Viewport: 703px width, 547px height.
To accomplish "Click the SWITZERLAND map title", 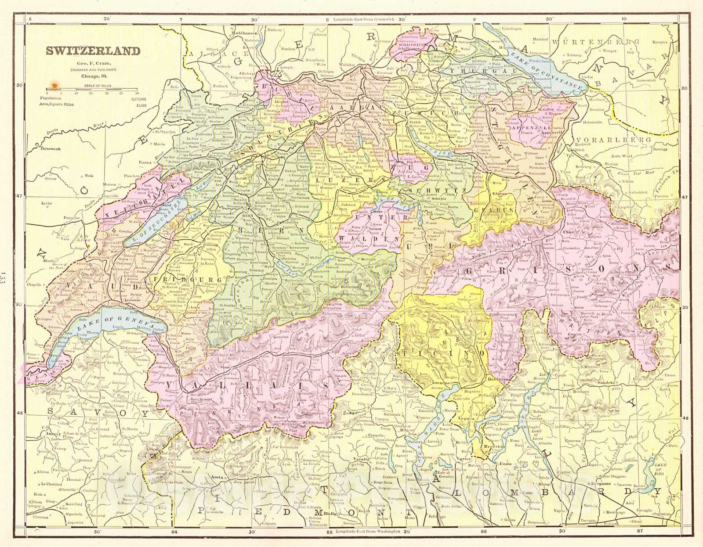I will pos(94,50).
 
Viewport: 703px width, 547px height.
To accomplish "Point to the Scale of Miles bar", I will pos(93,90).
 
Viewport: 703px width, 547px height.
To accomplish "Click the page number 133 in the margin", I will pos(4,280).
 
